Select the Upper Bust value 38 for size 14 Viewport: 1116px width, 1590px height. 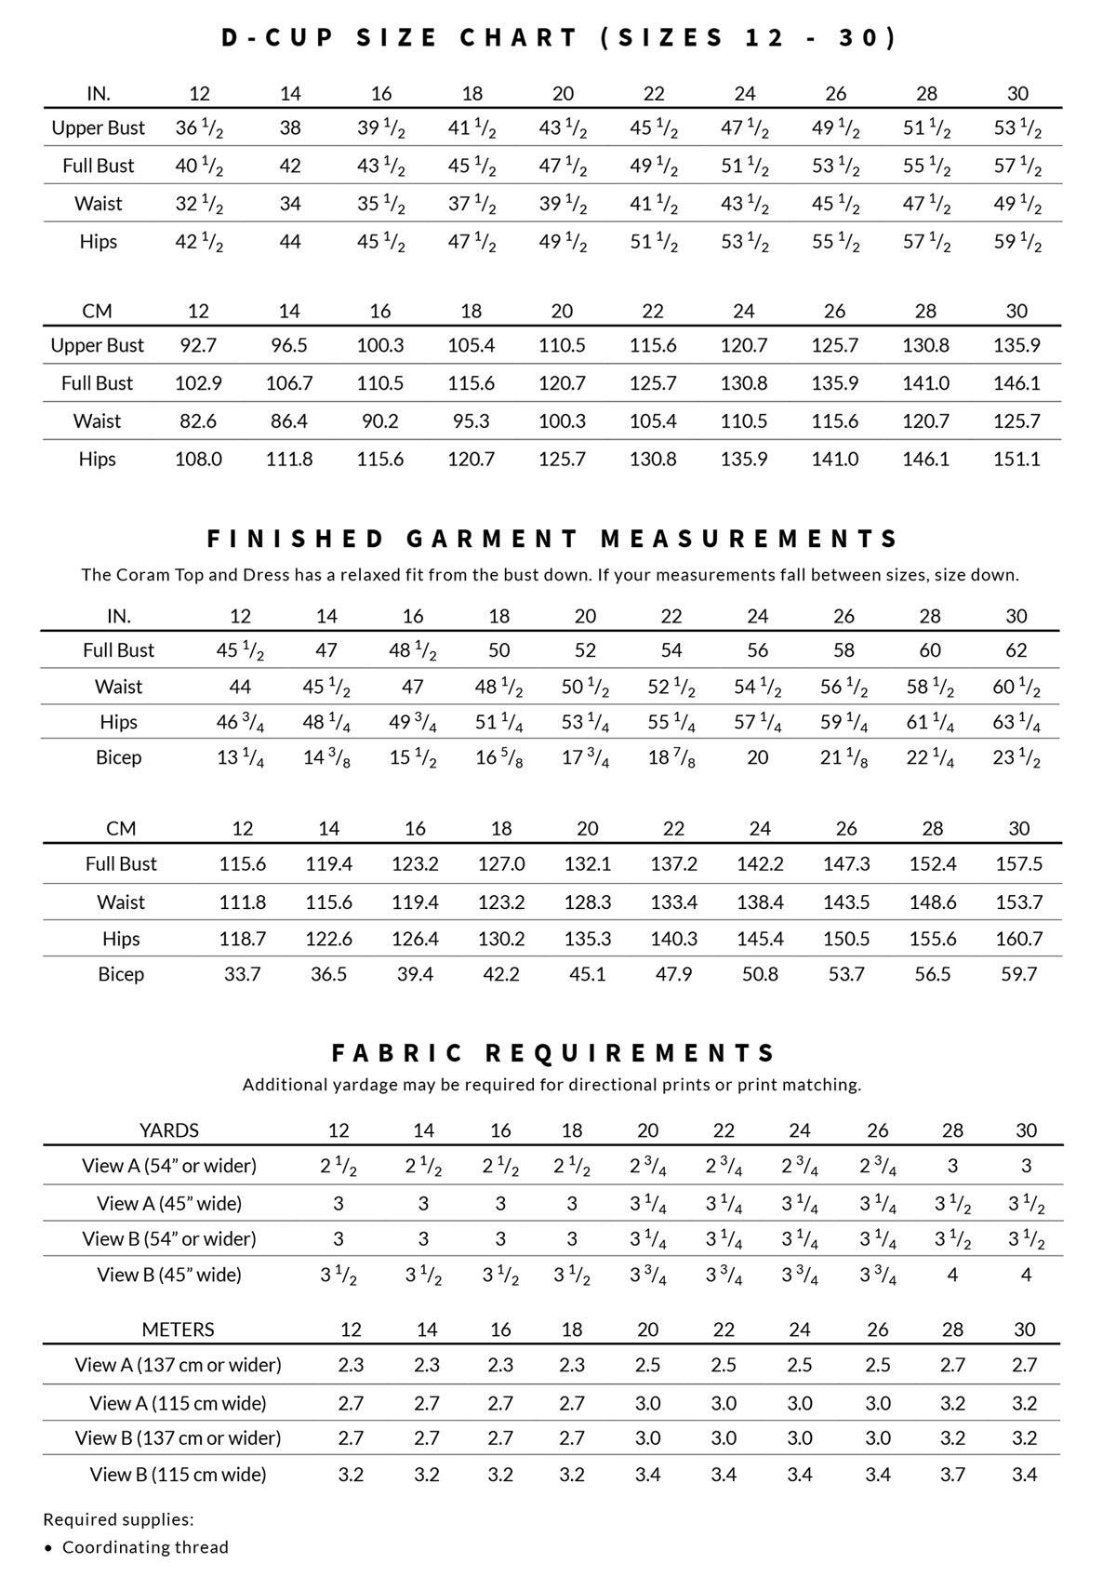(x=290, y=127)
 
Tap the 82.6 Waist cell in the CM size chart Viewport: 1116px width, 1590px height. (x=198, y=421)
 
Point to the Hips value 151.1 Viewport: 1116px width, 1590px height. (x=1016, y=459)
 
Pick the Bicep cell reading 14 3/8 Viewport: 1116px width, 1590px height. (x=326, y=758)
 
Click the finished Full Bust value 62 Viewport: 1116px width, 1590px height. (x=1016, y=650)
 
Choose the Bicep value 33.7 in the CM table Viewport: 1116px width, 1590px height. (x=242, y=974)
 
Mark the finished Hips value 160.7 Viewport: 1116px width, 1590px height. (x=1018, y=939)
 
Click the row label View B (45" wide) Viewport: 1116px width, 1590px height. (x=169, y=1275)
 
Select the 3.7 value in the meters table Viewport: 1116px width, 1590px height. (x=952, y=1474)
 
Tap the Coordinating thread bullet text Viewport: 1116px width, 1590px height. (x=145, y=1547)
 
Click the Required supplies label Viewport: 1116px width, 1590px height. (x=119, y=1520)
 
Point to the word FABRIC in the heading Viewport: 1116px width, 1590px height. (x=397, y=1052)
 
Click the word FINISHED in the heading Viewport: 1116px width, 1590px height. (x=295, y=539)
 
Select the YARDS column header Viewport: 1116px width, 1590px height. (x=169, y=1130)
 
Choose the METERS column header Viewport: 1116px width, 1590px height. (x=178, y=1329)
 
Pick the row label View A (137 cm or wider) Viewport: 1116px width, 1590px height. (x=178, y=1365)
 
